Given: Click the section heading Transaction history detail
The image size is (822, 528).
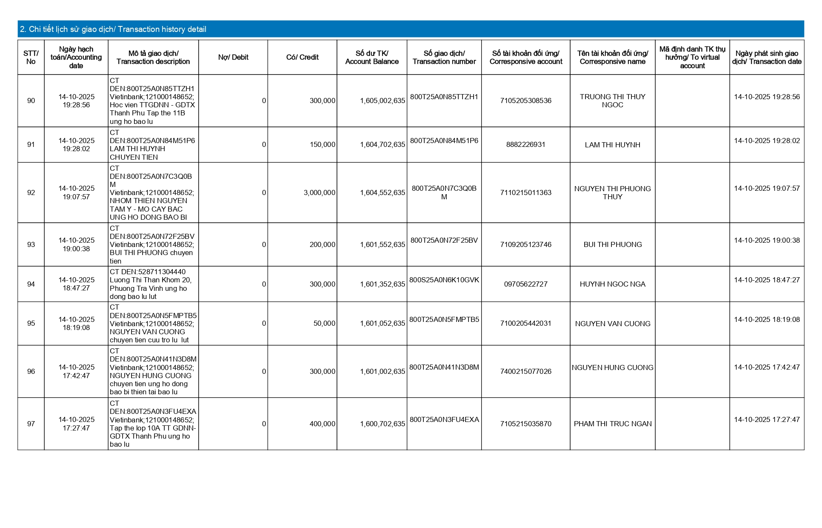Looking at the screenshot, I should pos(113,29).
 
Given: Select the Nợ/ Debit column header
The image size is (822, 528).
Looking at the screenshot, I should pos(233,57).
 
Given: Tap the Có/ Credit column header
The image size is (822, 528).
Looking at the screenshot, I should pos(302,57).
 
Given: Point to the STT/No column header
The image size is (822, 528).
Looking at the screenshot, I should pos(31,57).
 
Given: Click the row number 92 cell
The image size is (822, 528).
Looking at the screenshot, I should pos(31,192).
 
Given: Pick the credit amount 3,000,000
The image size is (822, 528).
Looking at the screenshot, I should pos(319,192).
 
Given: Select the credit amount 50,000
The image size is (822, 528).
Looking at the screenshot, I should pos(324,323).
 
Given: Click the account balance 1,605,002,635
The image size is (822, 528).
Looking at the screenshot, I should pos(382,100).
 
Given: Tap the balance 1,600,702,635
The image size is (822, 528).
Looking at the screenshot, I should pos(382,424).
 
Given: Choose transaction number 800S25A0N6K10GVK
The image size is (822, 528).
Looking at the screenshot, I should pos(444,280).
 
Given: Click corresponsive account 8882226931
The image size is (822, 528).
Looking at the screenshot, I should pos(525,144).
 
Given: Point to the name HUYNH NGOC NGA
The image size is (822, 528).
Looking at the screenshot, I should pos(612,284).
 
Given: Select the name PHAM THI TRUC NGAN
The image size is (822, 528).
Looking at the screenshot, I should pos(612,424).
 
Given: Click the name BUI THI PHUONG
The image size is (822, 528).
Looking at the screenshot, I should pos(612,244).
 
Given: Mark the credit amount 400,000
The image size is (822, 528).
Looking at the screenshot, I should pos(322,424).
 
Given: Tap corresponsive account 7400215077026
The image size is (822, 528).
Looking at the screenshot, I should pos(525,371).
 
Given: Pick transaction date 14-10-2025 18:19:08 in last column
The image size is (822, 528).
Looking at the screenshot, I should pos(767,319).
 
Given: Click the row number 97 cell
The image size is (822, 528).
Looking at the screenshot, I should pos(31,424).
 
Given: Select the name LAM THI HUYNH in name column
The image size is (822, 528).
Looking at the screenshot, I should pos(612,145).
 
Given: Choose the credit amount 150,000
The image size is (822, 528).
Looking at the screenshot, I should pos(322,144).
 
